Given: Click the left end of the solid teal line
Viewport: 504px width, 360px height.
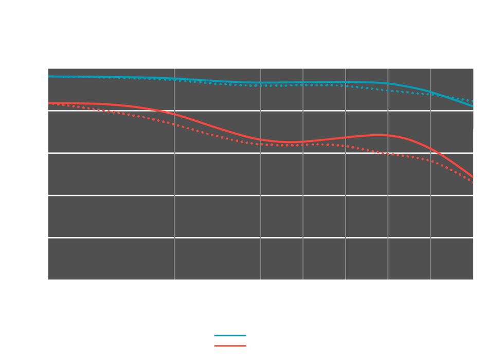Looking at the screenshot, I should point(48,76).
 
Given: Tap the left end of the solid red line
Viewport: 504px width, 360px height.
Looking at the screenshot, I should point(48,103).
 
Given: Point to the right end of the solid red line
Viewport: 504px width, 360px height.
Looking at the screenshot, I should point(473,178).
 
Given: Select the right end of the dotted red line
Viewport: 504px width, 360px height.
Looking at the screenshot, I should point(473,182).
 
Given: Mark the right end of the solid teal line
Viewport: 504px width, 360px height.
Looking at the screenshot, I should point(473,106).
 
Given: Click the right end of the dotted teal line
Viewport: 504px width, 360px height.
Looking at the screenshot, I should point(473,101).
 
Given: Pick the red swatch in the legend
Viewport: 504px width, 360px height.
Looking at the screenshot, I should point(217,346).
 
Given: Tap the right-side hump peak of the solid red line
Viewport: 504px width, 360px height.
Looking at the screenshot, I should point(383,135).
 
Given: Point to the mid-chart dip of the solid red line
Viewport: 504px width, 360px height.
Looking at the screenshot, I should point(291,142).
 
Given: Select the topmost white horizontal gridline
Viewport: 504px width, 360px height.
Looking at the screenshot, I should point(260,111).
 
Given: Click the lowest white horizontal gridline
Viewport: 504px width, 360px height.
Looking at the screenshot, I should point(260,238).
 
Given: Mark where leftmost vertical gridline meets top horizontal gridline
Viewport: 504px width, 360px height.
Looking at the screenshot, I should point(174,111).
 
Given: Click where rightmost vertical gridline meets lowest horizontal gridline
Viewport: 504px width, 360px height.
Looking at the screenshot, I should point(430,238).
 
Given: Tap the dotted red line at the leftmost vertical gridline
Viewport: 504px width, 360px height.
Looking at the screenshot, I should point(174,124).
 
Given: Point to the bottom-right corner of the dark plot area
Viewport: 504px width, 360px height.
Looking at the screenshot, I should point(473,279).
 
